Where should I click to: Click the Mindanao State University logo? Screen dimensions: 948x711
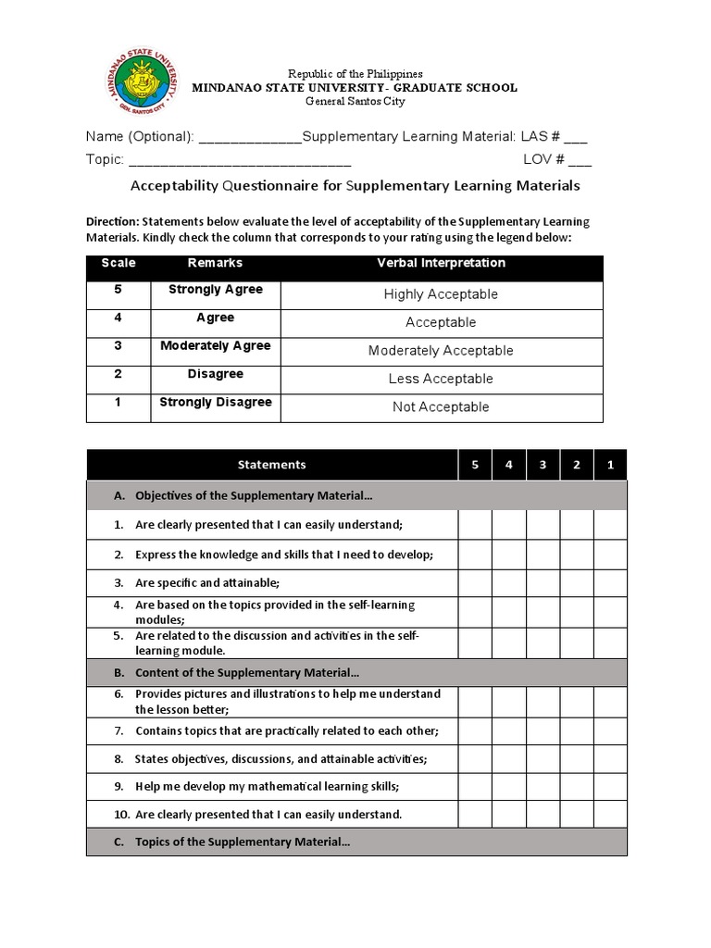coord(143,87)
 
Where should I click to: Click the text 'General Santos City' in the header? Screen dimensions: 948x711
coord(355,102)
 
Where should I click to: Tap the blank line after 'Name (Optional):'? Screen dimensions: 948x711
coord(250,138)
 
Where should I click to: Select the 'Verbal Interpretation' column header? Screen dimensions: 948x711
coord(441,263)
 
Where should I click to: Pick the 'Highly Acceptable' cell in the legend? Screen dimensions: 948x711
coord(441,294)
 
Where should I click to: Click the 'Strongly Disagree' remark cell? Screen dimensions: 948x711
coord(216,403)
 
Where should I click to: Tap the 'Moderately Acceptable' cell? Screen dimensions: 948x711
coord(441,351)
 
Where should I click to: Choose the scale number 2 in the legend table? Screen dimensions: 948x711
coord(118,374)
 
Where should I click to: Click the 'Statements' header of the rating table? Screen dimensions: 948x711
coord(271,465)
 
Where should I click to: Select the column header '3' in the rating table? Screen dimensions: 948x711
coord(543,465)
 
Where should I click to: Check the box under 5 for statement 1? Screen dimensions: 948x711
coord(475,525)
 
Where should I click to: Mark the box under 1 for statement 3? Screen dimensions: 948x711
coord(610,582)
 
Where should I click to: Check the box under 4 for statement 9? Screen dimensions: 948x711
coord(508,786)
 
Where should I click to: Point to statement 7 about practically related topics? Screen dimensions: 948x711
coord(286,730)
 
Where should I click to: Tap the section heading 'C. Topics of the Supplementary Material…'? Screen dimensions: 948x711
coord(243,842)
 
